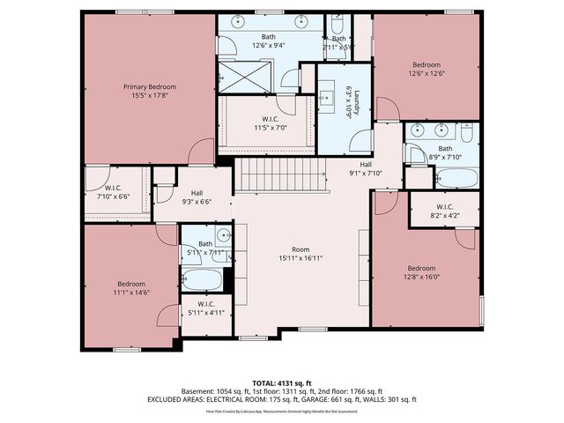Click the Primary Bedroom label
click(149, 86)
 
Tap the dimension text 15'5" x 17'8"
click(149, 95)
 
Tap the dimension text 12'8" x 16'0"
click(421, 276)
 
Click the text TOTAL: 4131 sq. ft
click(282, 382)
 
